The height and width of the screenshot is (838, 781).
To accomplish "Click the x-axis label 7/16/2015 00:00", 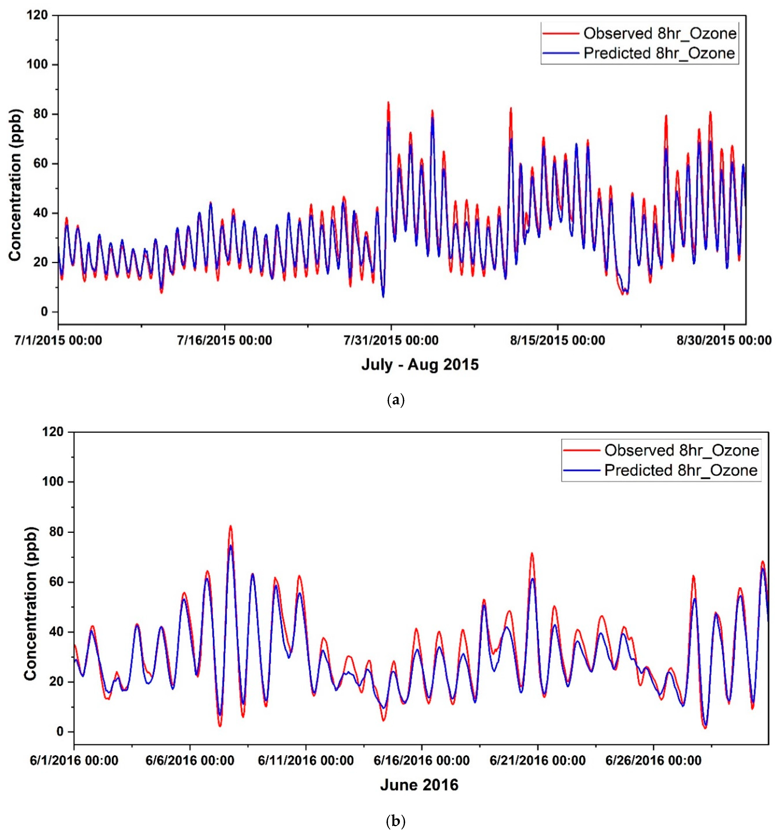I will pos(225,340).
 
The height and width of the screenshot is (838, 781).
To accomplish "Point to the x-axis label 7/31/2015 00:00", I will pos(391,340).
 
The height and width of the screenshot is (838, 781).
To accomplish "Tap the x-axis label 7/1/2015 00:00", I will pos(58,340).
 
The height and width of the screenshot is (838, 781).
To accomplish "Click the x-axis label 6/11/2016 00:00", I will pos(305,760).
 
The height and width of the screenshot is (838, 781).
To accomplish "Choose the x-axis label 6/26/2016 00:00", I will pos(653,760).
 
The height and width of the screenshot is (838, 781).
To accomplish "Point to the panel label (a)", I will pos(395,400).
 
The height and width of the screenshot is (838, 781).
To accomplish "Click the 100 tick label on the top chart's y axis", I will pos(37,65).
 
